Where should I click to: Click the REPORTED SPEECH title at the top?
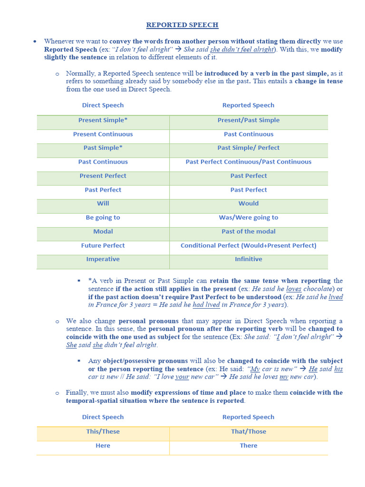click(182, 25)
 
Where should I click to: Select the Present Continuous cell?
click(103, 134)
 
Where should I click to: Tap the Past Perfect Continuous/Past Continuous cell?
click(249, 162)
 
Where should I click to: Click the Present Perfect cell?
click(103, 175)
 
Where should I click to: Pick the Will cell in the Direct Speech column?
click(103, 203)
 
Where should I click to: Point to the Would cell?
click(249, 203)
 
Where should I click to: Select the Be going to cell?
click(103, 217)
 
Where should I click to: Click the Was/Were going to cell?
click(249, 217)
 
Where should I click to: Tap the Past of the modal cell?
click(249, 231)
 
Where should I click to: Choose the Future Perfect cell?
click(103, 245)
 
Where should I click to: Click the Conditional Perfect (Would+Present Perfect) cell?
click(249, 245)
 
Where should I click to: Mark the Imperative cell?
click(103, 259)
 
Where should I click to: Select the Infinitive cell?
click(249, 259)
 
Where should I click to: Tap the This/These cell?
click(103, 431)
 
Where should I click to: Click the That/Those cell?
click(249, 431)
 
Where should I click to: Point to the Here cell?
click(103, 446)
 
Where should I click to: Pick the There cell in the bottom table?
click(249, 446)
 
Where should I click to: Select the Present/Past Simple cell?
click(249, 120)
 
